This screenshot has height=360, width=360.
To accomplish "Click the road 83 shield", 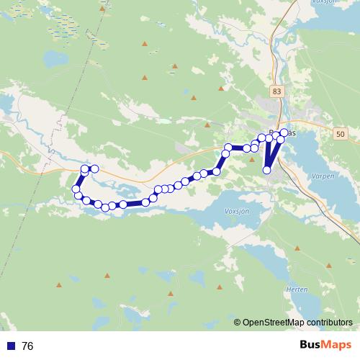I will click(278, 91).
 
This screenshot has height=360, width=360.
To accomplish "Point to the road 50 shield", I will click(341, 134).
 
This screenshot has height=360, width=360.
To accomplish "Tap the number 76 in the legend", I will click(27, 346).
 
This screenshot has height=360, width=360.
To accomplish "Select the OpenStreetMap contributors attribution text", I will click(297, 323).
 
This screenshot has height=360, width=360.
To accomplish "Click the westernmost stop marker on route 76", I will click(76, 189).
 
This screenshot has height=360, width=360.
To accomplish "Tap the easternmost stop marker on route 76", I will click(285, 132).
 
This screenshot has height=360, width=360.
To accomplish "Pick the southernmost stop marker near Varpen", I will click(267, 171).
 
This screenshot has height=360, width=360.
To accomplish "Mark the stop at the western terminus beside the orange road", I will click(94, 168).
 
